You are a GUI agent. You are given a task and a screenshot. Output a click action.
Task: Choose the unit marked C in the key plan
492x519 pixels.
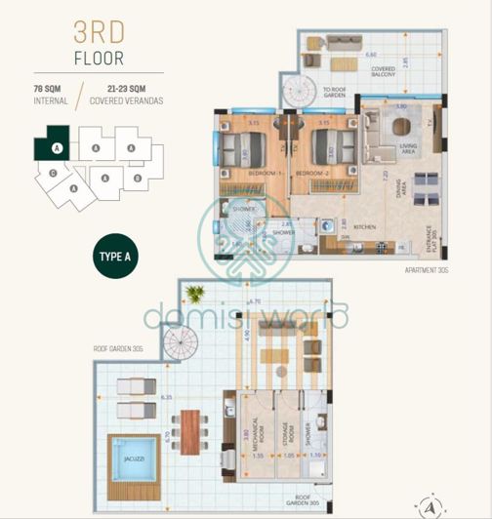pyautogui.click(x=52, y=173)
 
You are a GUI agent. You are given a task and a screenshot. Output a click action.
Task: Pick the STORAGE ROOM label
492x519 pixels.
pyautogui.click(x=285, y=434)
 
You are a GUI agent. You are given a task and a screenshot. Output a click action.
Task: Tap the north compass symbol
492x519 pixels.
pyautogui.click(x=428, y=505)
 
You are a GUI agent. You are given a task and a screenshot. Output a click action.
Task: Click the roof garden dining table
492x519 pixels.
pyautogui.click(x=190, y=429)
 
